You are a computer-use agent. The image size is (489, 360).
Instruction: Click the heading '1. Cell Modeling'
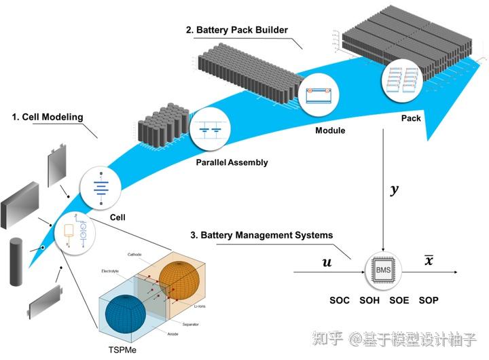click(x=48, y=117)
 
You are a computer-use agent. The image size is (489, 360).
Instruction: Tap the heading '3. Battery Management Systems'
click(x=261, y=235)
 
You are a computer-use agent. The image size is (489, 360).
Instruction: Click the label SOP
click(x=429, y=300)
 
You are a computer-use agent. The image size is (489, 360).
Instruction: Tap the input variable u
click(x=327, y=262)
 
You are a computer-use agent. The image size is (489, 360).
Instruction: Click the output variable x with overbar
click(x=429, y=259)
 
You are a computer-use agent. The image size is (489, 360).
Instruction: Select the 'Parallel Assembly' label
click(x=232, y=162)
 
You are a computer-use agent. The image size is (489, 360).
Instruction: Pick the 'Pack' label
click(x=411, y=118)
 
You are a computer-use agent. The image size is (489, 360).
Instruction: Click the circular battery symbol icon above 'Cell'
click(x=101, y=188)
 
